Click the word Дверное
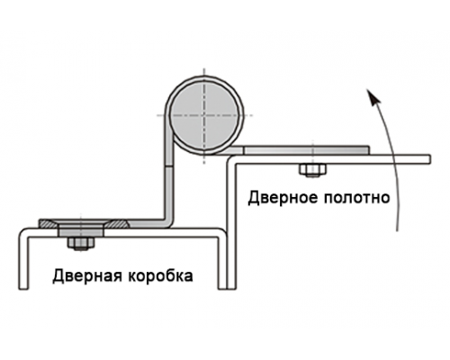coord(283,198)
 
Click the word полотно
coord(356,198)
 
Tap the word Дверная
coord(87,275)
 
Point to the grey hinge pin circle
coord(204,115)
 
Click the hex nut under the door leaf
coord(312,170)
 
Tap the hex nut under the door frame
coord(81,243)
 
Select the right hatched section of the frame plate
coord(118,223)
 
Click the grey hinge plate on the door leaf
coord(306,150)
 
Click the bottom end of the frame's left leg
coord(23,289)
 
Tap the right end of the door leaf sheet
coord(430,159)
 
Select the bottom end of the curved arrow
coord(397,230)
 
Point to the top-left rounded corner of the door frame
coord(22,232)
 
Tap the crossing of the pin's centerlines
coord(204,115)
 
